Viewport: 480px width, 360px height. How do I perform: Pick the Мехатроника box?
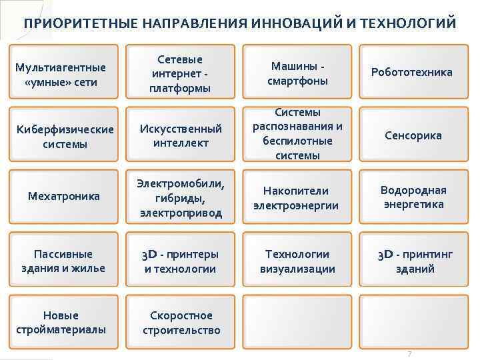pyautogui.click(x=64, y=197)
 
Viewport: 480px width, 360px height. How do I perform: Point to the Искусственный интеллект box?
pyautogui.click(x=181, y=135)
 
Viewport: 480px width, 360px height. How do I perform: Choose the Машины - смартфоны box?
pyautogui.click(x=297, y=73)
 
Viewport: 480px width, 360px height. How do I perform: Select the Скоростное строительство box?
pyautogui.click(x=181, y=323)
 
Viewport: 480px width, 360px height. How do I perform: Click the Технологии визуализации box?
pyautogui.click(x=297, y=261)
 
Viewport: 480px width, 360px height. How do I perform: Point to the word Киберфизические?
pyautogui.click(x=65, y=129)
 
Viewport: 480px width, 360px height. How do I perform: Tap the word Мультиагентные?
pyautogui.click(x=61, y=67)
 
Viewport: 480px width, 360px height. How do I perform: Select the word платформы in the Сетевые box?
pyautogui.click(x=181, y=88)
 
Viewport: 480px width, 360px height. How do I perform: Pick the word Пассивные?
pyautogui.click(x=64, y=254)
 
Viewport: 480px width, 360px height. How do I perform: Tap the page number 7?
pyautogui.click(x=409, y=353)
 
